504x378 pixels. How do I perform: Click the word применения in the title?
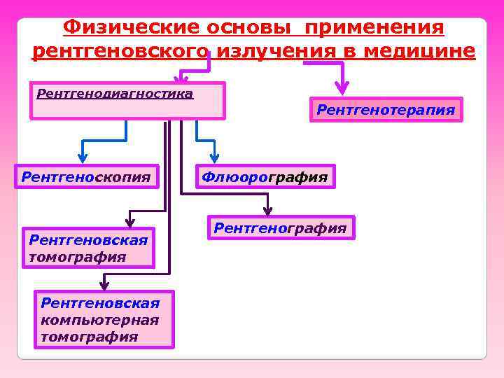374,28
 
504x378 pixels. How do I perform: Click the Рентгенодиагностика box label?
114,93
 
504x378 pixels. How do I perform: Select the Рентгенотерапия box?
386,110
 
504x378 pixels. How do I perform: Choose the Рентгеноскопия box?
86,177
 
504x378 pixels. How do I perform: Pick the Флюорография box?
265,177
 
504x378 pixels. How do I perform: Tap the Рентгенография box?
280,228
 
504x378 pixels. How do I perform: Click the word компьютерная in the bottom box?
99,319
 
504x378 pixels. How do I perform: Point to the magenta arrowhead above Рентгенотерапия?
342,88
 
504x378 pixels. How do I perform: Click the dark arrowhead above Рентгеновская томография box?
129,218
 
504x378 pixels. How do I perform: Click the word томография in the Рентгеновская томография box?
78,257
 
